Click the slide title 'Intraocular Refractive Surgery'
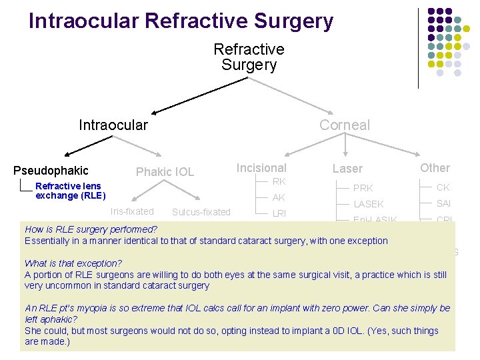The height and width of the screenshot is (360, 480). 181,21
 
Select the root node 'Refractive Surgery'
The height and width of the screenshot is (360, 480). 249,57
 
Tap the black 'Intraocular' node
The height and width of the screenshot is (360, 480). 113,125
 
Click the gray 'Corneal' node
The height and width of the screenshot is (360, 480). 344,125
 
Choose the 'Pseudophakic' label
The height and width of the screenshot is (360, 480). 51,171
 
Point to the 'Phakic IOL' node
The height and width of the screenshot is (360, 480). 165,172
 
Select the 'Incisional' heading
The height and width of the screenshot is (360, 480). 261,168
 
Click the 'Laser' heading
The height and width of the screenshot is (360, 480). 347,169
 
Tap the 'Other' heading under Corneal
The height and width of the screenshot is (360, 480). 435,168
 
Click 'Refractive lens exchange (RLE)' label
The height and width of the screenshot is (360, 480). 70,191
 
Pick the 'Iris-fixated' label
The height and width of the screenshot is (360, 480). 132,211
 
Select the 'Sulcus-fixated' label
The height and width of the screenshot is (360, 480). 201,213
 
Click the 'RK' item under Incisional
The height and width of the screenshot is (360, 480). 279,181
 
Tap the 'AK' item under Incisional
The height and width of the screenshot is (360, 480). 279,197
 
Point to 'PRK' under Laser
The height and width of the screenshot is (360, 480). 363,188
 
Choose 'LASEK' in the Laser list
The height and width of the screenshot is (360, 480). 368,204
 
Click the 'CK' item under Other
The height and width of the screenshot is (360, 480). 443,187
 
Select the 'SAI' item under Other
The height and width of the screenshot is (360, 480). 444,203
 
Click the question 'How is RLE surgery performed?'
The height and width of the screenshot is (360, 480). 91,229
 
